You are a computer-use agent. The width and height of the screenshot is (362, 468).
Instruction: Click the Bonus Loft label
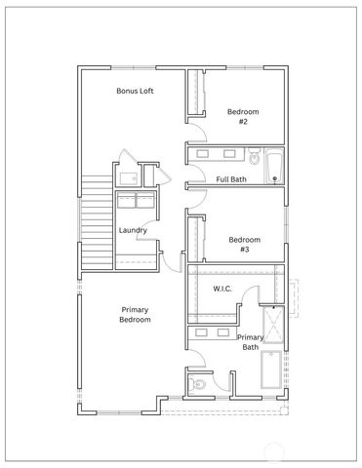pos(136,91)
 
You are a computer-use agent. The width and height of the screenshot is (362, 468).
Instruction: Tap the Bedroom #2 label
pos(244,116)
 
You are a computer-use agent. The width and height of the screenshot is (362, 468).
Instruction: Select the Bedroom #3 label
pos(245,244)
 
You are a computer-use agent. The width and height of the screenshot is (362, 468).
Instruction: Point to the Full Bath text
pos(230,178)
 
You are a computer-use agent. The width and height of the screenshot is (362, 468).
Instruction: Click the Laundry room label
pos(132,230)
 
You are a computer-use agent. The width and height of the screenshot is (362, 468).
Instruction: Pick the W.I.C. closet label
pos(221,290)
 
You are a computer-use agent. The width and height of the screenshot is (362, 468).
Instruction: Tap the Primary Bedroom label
pos(135,314)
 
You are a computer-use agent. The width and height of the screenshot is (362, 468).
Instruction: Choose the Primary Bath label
pos(250,341)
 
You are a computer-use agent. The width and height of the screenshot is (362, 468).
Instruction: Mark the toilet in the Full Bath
pos(254,155)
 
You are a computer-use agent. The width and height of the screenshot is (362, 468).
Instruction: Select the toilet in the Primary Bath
pos(200,383)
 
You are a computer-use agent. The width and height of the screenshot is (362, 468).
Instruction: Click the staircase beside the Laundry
pos(97,223)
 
